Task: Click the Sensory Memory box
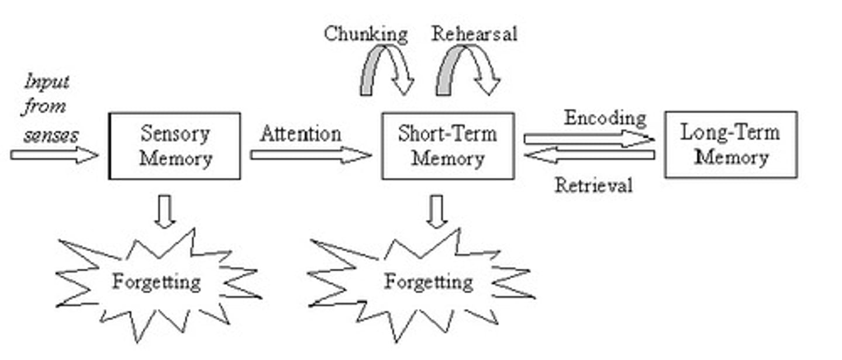tap(175, 146)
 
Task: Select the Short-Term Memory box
tap(448, 146)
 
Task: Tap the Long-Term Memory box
tap(731, 145)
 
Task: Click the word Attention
tap(301, 134)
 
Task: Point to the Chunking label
tap(366, 34)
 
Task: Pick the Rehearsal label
tap(474, 34)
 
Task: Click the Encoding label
tap(605, 118)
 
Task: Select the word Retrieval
tap(593, 185)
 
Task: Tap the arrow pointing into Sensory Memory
tap(54, 155)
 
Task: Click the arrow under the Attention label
tap(310, 155)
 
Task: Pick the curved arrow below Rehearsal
tap(468, 70)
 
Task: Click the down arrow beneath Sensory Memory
tap(165, 210)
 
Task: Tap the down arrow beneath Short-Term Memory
tap(437, 210)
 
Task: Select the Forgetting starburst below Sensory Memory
tap(157, 283)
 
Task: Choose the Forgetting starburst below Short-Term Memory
tap(428, 283)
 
